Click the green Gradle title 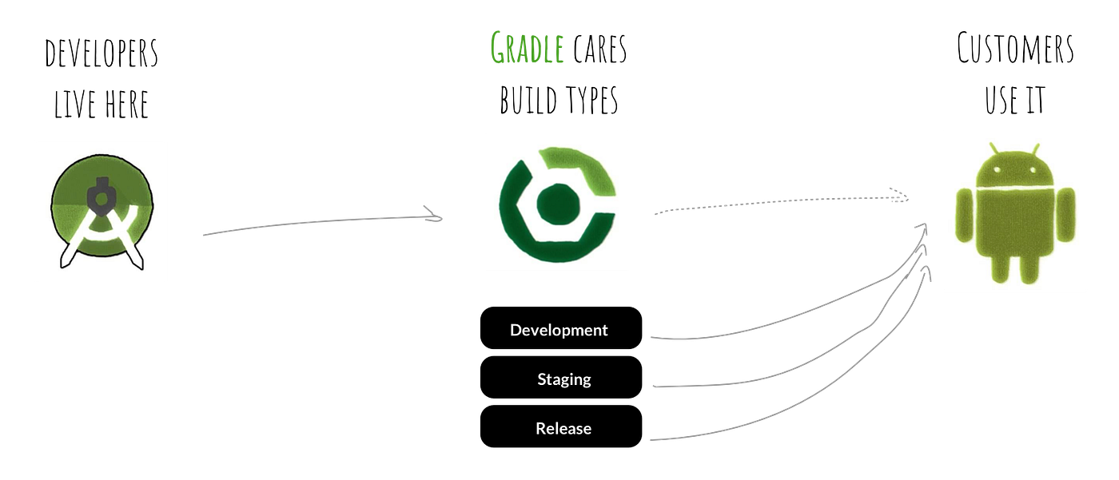tap(527, 50)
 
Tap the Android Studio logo tap(101, 211)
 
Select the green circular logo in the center tap(556, 202)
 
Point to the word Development tap(559, 330)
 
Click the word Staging tap(563, 379)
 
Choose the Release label tap(563, 429)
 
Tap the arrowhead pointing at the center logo tap(434, 215)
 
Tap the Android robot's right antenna tap(1035, 149)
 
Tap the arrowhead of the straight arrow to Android tap(901, 196)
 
